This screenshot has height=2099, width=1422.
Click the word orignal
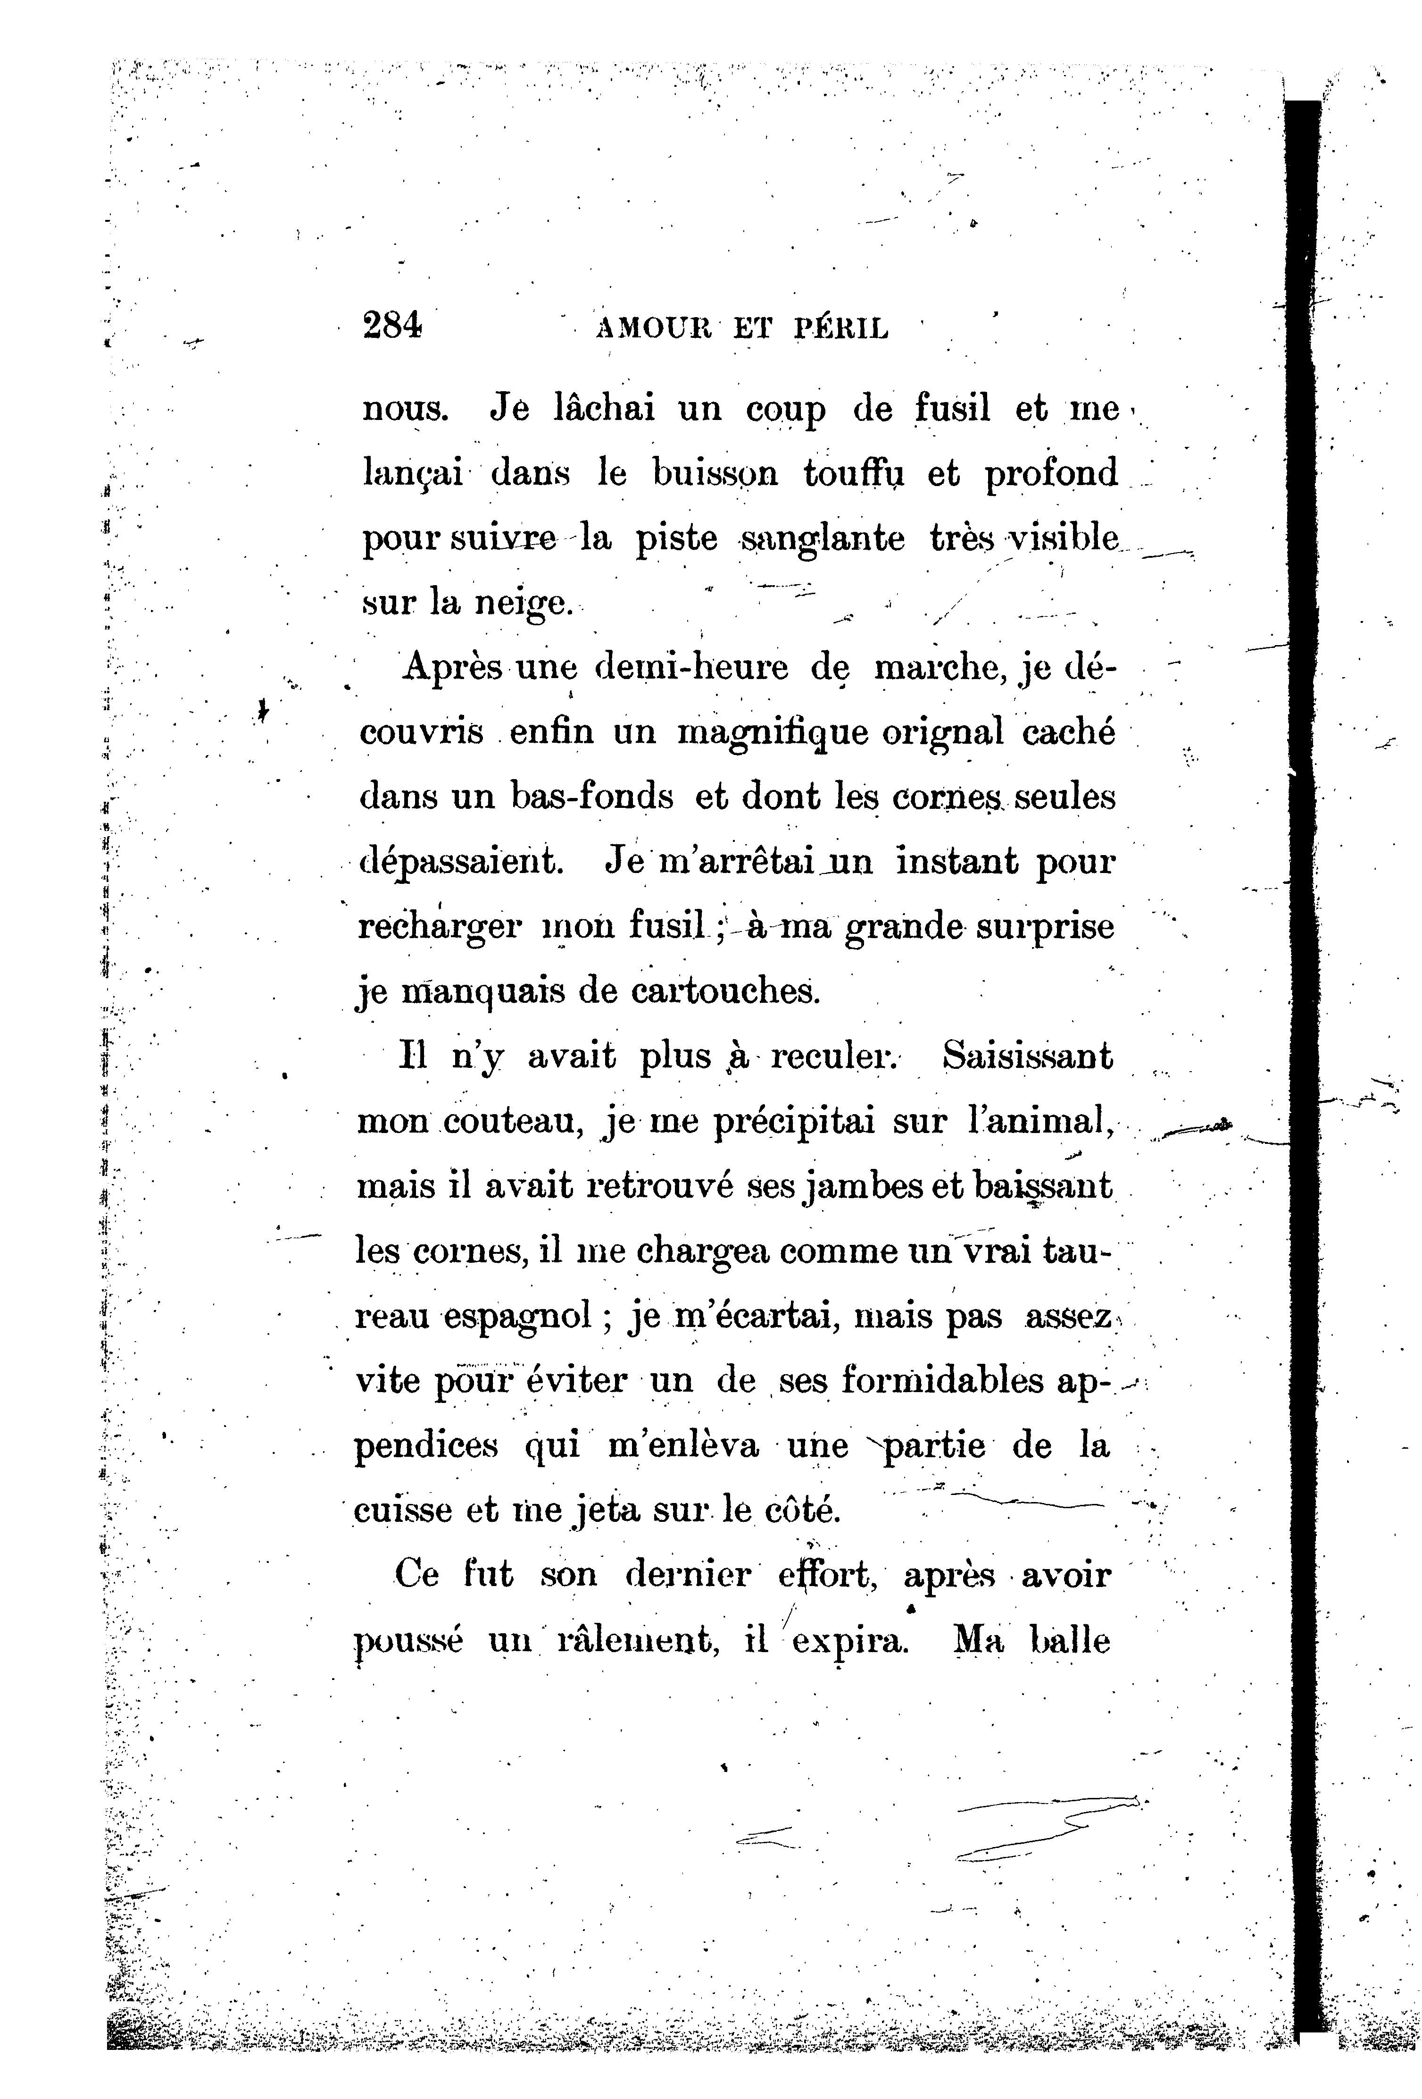(x=943, y=731)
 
